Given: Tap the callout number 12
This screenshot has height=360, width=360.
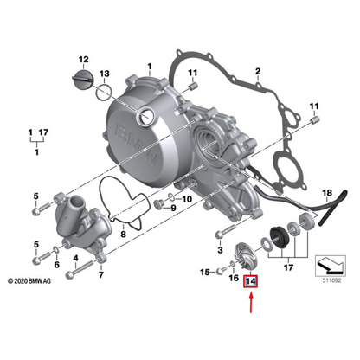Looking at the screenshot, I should (x=84, y=59).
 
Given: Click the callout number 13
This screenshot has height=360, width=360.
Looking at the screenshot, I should (x=104, y=74).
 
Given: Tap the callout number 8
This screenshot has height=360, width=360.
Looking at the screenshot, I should (x=123, y=234).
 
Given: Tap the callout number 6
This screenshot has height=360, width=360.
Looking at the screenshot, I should (x=57, y=265).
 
